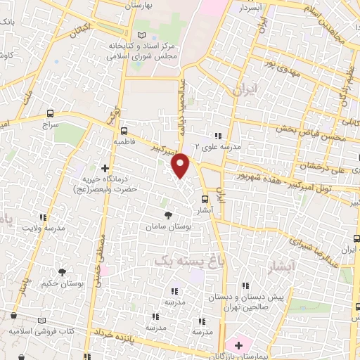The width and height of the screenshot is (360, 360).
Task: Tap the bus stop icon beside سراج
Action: pyautogui.click(x=49, y=113)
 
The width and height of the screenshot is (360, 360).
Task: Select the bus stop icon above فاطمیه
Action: pyautogui.click(x=124, y=130)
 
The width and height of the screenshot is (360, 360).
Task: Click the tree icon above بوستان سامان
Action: pyautogui.click(x=167, y=215)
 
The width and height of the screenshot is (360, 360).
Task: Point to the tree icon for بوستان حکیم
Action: pyautogui.click(x=62, y=272)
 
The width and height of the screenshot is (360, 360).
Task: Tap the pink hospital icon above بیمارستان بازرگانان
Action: pyautogui.click(x=239, y=345)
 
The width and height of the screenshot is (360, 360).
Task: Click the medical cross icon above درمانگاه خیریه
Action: pyautogui.click(x=105, y=168)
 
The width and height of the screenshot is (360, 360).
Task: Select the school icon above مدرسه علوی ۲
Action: pyautogui.click(x=218, y=136)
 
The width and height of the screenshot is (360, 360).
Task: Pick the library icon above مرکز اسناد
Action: pyautogui.click(x=143, y=35)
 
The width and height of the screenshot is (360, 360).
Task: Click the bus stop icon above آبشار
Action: pyautogui.click(x=205, y=198)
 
